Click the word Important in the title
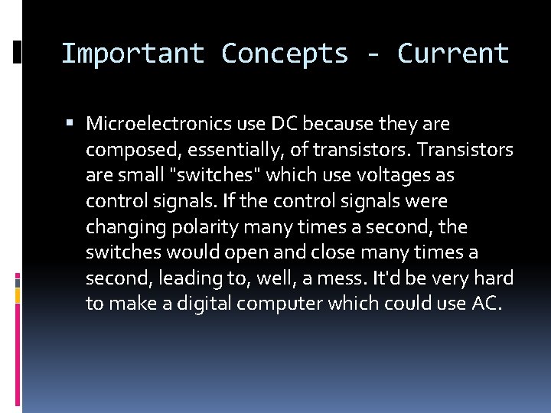pyautogui.click(x=132, y=54)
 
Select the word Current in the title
pyautogui.click(x=452, y=54)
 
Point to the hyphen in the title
pyautogui.click(x=372, y=54)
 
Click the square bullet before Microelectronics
pyautogui.click(x=70, y=123)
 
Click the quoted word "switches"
pyautogui.click(x=219, y=175)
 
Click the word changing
pyautogui.click(x=121, y=228)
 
